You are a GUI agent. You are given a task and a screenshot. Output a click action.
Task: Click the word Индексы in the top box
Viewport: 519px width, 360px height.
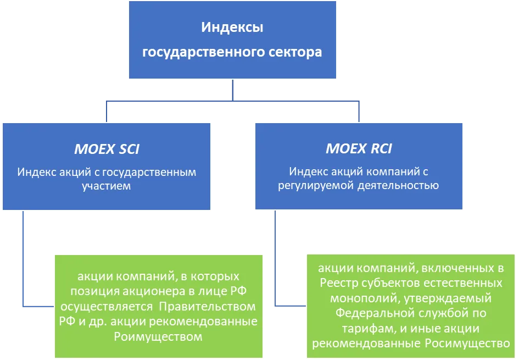[x=232, y=27]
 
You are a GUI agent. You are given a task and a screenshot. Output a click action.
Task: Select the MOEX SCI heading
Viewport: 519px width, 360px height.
[x=107, y=149]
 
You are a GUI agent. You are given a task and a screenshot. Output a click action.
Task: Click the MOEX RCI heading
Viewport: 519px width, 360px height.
[x=359, y=148]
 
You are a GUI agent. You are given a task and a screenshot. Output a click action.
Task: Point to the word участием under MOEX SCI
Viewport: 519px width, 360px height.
[x=106, y=186]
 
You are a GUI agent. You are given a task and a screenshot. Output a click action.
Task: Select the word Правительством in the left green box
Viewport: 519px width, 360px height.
[x=207, y=306]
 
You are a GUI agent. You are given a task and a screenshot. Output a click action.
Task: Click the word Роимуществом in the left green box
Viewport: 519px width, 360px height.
[x=158, y=337]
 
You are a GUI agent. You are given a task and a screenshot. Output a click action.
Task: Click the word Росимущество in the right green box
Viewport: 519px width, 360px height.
[x=467, y=344]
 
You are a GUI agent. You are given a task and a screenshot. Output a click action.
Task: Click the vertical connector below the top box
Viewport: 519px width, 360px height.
[x=233, y=90]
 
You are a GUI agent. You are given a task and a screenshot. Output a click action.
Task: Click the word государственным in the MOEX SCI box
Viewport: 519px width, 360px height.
[x=149, y=172]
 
